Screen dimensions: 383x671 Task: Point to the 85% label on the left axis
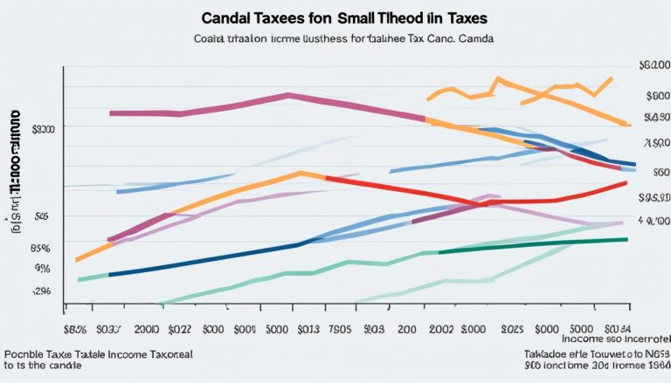click(x=41, y=248)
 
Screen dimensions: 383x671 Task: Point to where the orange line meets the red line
click(x=325, y=177)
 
